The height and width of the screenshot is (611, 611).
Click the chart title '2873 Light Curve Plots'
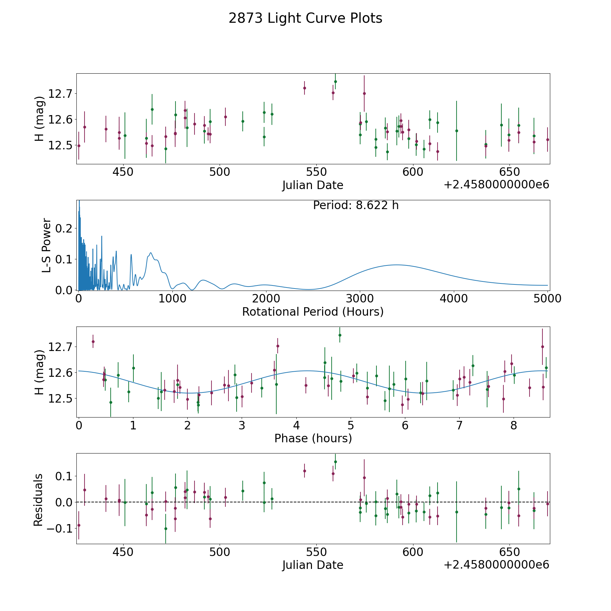[x=305, y=18]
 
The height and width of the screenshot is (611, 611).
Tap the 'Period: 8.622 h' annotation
[x=355, y=205]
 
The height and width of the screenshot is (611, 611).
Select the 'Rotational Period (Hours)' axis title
[x=313, y=312]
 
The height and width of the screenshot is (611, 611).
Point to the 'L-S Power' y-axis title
[x=47, y=245]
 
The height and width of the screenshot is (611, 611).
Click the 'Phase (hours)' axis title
[x=313, y=438]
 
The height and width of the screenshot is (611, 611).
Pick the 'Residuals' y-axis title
[x=38, y=500]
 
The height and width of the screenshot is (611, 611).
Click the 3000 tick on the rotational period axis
[x=360, y=299]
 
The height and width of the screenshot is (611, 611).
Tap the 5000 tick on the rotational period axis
[x=547, y=299]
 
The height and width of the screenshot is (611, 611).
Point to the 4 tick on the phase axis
[x=296, y=426]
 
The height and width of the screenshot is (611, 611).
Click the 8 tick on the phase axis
[x=514, y=426]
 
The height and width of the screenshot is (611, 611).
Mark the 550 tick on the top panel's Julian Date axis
[x=316, y=172]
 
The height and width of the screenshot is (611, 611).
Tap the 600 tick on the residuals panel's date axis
[x=413, y=552]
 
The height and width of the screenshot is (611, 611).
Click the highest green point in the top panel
[x=335, y=81]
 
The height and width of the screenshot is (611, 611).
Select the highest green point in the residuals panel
[x=335, y=462]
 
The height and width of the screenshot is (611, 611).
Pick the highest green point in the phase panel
[x=340, y=335]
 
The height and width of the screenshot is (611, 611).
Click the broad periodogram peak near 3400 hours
[x=396, y=265]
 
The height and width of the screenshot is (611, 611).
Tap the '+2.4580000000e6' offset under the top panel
[x=496, y=185]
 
